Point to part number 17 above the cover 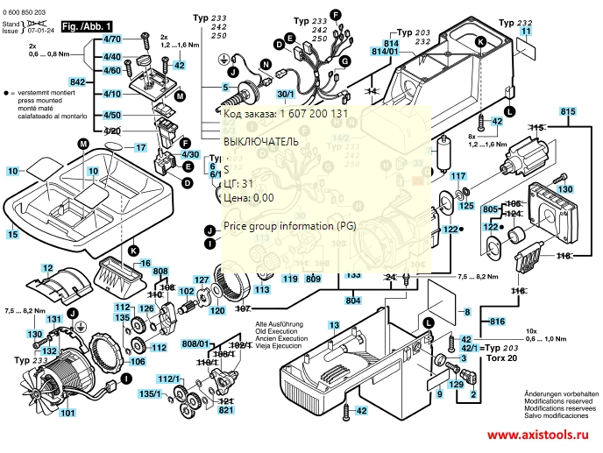pos(140,148)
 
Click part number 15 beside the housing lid pos(12,235)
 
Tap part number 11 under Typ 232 pos(525,31)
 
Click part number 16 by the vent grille pos(145,263)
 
